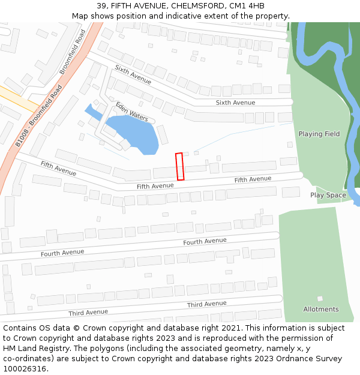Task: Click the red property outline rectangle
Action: coord(179,166)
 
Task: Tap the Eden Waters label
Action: coord(132,111)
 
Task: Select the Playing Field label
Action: coord(319,134)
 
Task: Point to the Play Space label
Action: coord(328,195)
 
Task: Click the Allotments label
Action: coord(320,309)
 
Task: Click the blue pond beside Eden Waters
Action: coord(132,135)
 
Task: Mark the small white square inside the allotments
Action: coord(320,298)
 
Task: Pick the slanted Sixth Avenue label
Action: coord(133,74)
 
